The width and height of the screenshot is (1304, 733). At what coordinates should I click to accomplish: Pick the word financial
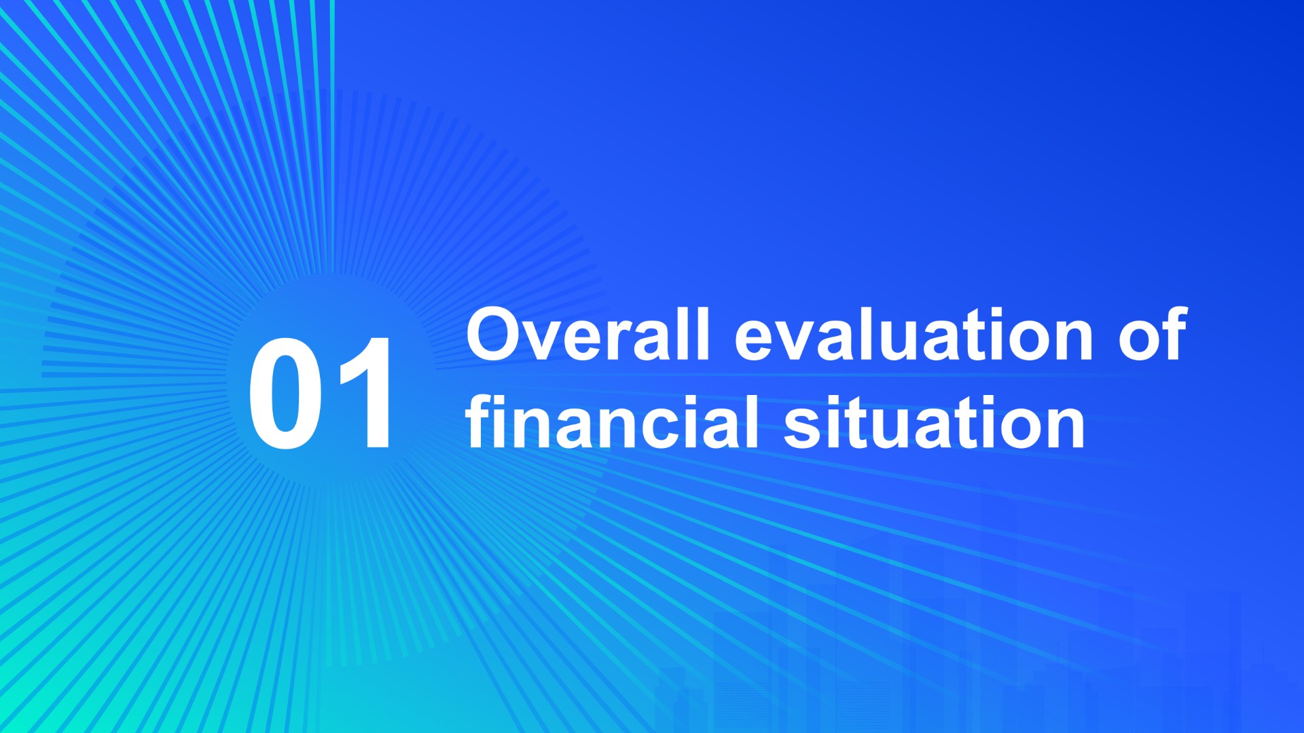point(612,421)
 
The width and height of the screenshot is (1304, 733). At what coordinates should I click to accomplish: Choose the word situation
point(935,421)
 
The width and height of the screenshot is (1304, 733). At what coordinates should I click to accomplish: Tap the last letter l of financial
point(753,421)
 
